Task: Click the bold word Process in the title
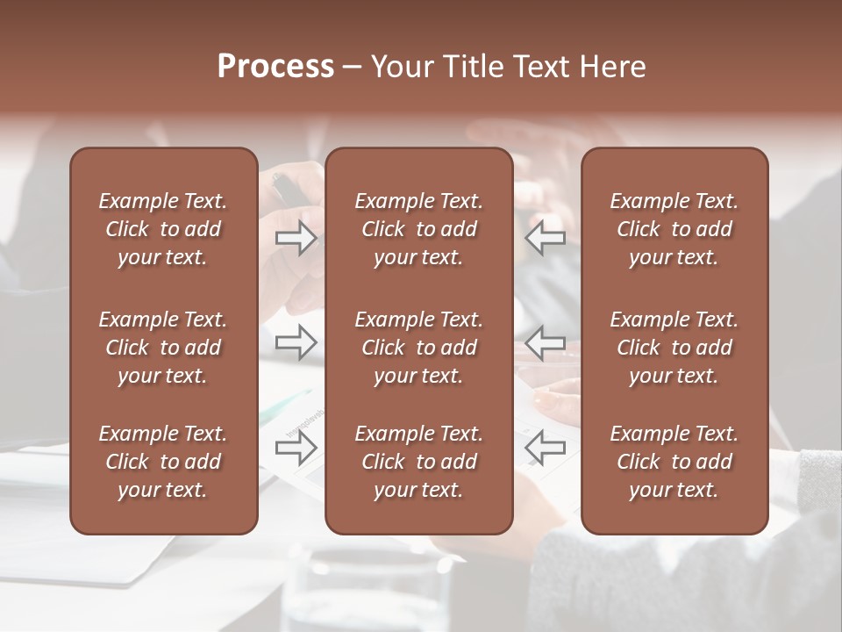275,67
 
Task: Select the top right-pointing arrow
296,238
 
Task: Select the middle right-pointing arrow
296,342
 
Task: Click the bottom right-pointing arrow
296,449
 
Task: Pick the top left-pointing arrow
546,238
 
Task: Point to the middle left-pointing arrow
546,342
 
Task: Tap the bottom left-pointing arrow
546,449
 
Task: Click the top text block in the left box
163,229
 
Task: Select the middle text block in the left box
163,348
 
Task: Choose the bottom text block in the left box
163,462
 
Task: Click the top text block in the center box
419,229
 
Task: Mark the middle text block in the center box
419,348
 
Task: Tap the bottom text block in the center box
419,462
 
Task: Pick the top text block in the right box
674,229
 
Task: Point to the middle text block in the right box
674,348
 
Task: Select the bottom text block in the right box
674,462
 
